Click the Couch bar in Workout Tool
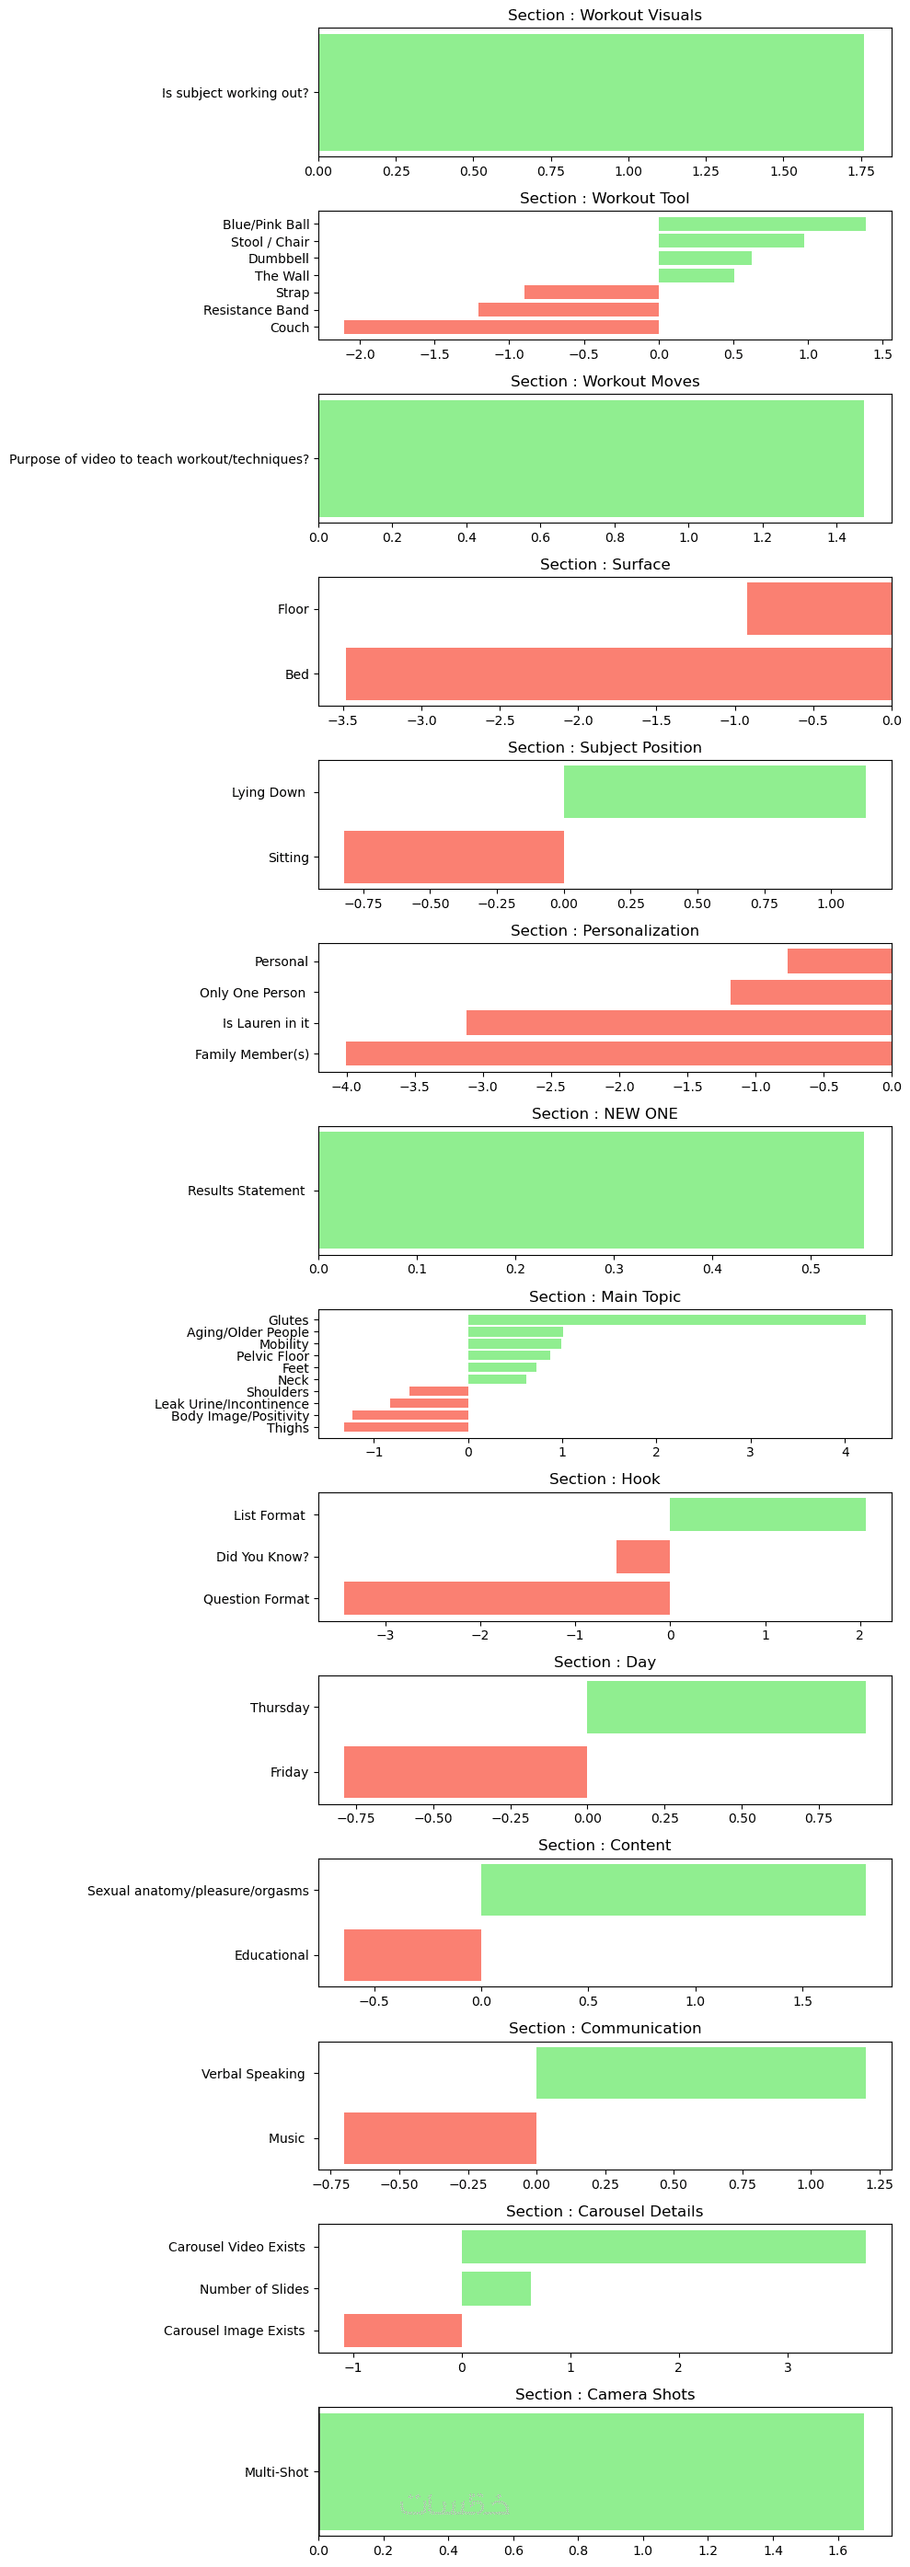[501, 327]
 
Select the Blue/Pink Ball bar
[762, 224]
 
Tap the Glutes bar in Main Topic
[666, 1319]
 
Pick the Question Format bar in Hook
[506, 1597]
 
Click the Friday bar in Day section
[465, 1771]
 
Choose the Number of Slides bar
[495, 2288]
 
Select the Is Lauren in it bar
[678, 1022]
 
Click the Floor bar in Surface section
[818, 608]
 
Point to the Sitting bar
[454, 856]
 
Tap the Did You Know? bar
[642, 1556]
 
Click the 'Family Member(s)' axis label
[251, 1053]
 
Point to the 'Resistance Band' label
[256, 310]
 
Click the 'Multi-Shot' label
[276, 2471]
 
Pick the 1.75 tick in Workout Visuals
[860, 170]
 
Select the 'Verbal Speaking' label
[253, 2073]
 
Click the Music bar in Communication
[440, 2137]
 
